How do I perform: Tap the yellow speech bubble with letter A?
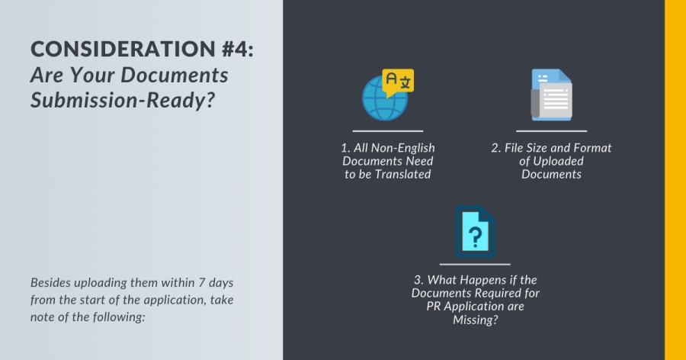(x=398, y=82)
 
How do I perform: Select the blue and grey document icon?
(x=551, y=95)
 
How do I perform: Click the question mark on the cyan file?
(x=475, y=236)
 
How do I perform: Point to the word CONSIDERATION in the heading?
(x=123, y=49)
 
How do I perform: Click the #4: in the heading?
(x=238, y=49)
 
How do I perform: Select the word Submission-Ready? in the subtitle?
(x=123, y=101)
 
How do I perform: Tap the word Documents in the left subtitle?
(x=174, y=75)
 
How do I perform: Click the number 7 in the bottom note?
(x=202, y=282)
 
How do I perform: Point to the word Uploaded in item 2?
(x=558, y=161)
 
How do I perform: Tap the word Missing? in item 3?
(x=476, y=320)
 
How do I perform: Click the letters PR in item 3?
(x=433, y=306)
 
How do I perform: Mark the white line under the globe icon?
(x=388, y=131)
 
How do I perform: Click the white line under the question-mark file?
(x=475, y=264)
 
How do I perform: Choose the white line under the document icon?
(x=551, y=131)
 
